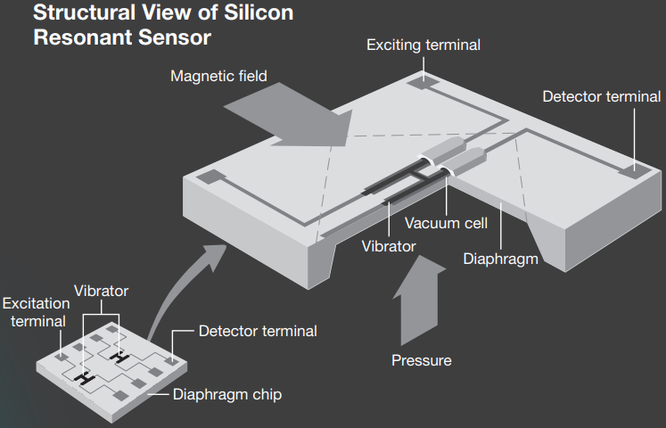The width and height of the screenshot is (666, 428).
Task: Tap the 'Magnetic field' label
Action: tap(218, 76)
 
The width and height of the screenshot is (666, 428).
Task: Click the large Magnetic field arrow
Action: tap(294, 116)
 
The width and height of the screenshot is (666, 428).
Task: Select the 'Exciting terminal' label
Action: tap(423, 45)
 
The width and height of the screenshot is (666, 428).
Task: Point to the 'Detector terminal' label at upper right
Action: tap(602, 96)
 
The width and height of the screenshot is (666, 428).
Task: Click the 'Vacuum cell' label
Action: tap(446, 223)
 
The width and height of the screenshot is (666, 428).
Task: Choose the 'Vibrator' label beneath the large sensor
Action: tap(389, 245)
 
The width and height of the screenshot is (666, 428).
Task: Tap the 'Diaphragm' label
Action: tap(501, 259)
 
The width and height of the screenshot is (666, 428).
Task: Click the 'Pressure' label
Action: tap(421, 360)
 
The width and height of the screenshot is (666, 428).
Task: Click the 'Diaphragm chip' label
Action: tap(226, 394)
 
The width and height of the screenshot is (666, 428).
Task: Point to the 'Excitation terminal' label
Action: tap(36, 312)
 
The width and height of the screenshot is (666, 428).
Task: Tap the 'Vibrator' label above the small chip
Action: tap(101, 291)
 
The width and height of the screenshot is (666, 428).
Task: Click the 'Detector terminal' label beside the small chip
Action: tap(257, 332)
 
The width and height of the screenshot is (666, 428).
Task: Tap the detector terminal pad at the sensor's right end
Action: tap(635, 166)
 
